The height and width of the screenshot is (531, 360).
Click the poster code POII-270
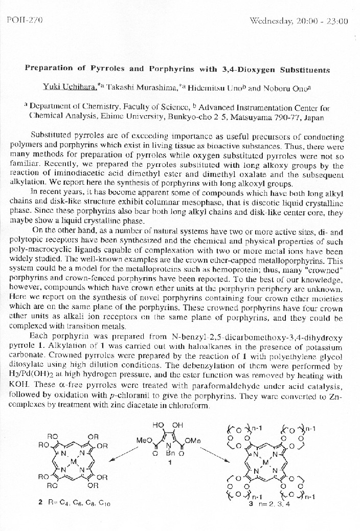click(x=25, y=20)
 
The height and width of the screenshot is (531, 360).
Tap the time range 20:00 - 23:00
click(x=322, y=21)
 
